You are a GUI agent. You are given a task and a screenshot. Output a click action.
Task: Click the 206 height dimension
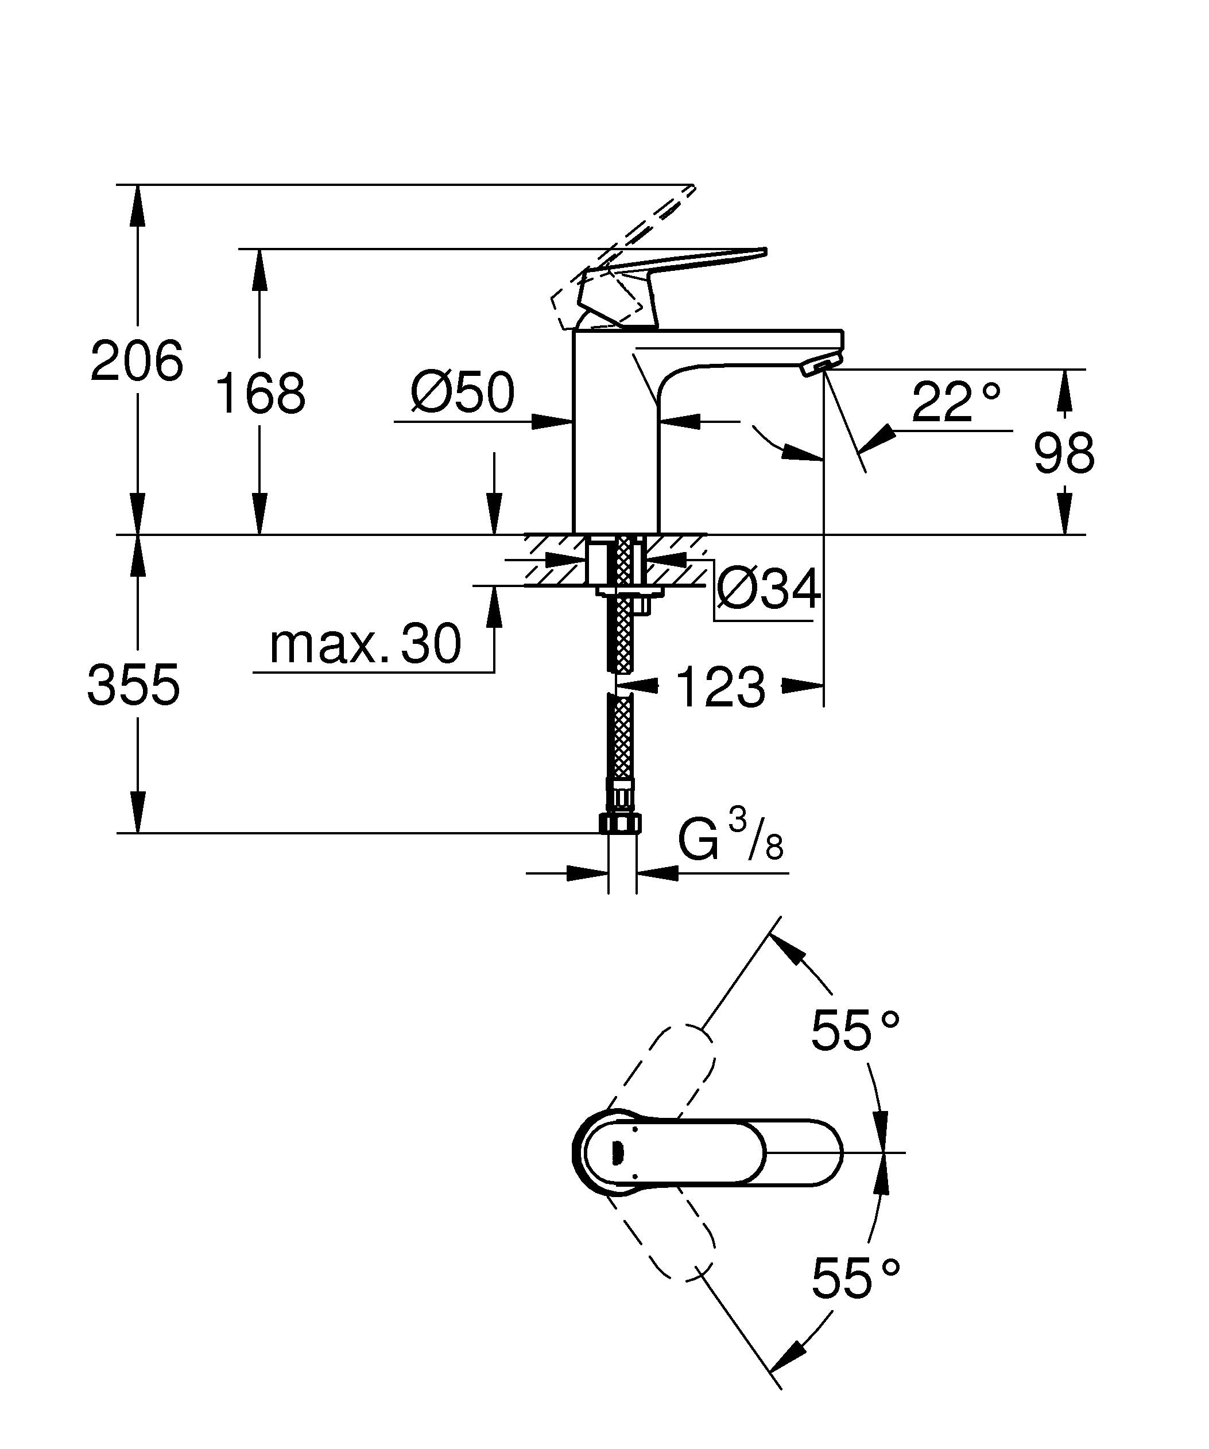coord(137,360)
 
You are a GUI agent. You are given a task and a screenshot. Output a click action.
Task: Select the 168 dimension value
coord(259,394)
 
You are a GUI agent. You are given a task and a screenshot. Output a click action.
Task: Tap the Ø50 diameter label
coord(462,393)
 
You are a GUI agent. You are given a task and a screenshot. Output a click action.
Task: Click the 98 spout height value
coord(1063,453)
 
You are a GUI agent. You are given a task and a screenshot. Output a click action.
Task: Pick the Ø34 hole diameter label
coord(768,589)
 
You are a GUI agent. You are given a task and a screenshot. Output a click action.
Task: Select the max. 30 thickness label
coord(365,644)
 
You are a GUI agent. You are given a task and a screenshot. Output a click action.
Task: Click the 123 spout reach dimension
coord(720,687)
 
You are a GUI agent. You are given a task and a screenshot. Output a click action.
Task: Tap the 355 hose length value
coord(133,685)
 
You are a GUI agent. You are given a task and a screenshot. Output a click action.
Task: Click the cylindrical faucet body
coord(616,442)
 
